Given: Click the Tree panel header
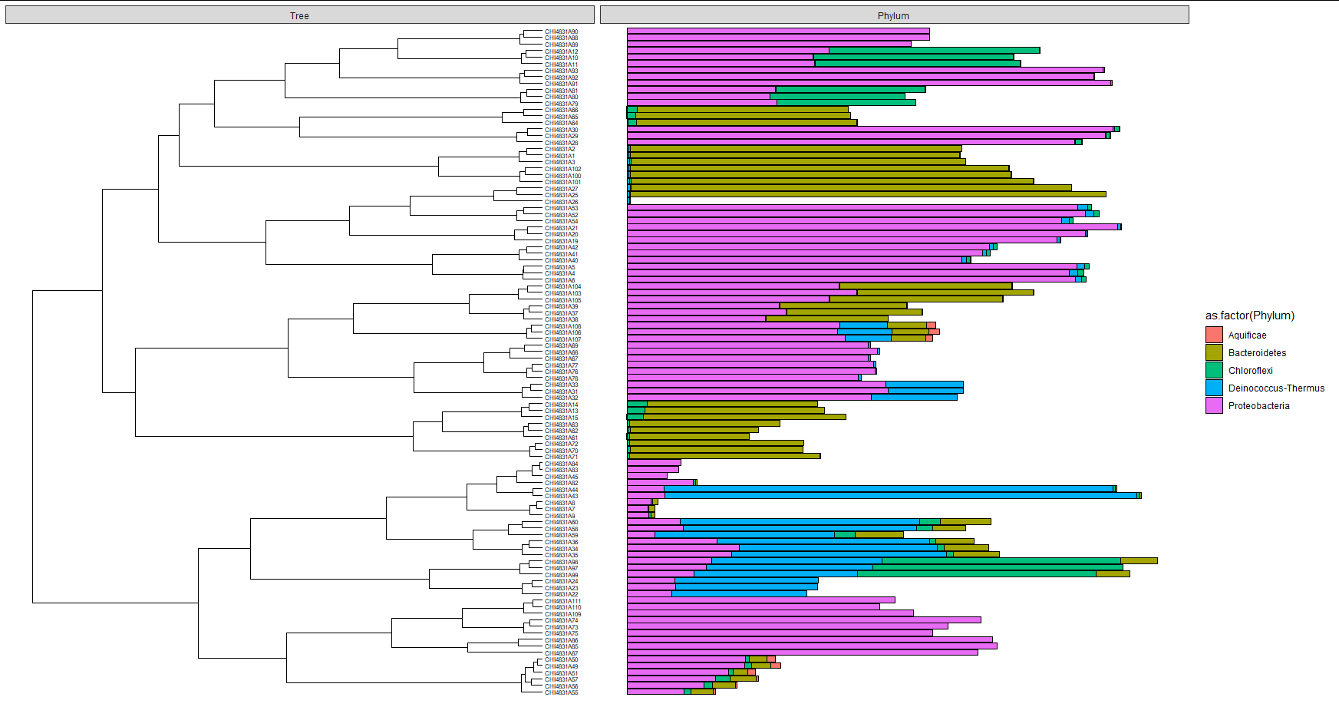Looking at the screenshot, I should coord(299,15).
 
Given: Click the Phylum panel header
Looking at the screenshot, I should coord(893,15).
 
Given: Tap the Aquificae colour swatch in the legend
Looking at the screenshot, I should coord(1214,335).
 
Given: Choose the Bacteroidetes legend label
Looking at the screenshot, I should coord(1257,353).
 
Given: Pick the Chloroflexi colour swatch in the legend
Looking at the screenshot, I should coord(1214,370).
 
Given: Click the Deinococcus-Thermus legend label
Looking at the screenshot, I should coord(1276,388).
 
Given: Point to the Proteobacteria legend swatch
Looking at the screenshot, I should coord(1214,405).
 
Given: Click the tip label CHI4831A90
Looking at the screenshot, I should coord(561,31).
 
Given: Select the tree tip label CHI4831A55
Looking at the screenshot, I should coord(561,692).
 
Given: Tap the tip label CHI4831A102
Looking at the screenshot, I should coord(562,169).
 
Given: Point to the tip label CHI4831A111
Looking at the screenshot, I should coord(562,601).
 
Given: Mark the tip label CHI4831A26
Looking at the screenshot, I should coord(561,202).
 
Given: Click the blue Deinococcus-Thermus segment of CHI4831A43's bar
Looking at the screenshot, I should coord(898,495).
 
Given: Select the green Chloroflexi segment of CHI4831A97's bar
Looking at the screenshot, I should coord(998,567).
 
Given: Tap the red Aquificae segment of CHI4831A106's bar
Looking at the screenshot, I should coord(934,332).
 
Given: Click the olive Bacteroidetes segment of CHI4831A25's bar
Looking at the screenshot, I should coord(867,194).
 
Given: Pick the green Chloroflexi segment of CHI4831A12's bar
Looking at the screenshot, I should coord(934,50).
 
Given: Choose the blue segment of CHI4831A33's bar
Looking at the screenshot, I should coord(924,384).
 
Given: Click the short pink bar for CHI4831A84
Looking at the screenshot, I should coord(653,462).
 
